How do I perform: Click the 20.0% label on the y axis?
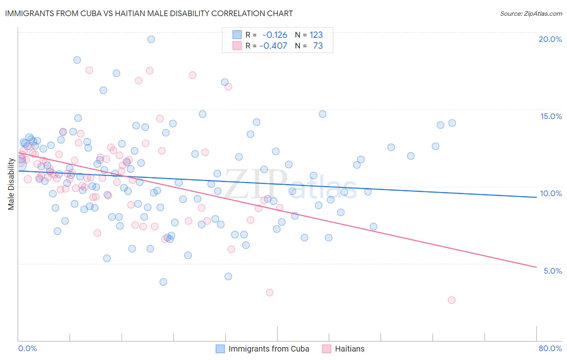pyautogui.click(x=550, y=39)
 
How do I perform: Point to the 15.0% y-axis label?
pyautogui.click(x=551, y=116)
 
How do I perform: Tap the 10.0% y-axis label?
pyautogui.click(x=551, y=193)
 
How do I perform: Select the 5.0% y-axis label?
pyautogui.click(x=552, y=271)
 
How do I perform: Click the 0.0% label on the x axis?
pyautogui.click(x=27, y=348)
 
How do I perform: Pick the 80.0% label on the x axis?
pyautogui.click(x=550, y=348)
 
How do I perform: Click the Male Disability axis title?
pyautogui.click(x=11, y=184)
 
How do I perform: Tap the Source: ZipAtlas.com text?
pyautogui.click(x=531, y=13)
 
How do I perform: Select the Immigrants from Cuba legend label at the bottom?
pyautogui.click(x=269, y=349)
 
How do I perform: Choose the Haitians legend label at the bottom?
pyautogui.click(x=350, y=349)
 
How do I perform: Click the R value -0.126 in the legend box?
pyautogui.click(x=275, y=35)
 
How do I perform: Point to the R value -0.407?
pyautogui.click(x=273, y=46)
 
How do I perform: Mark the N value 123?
pyautogui.click(x=316, y=35)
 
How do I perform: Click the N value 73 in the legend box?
pyautogui.click(x=318, y=46)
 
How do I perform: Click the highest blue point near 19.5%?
pyautogui.click(x=151, y=39)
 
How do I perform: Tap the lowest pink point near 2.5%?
pyautogui.click(x=452, y=300)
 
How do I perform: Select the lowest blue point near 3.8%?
pyautogui.click(x=163, y=282)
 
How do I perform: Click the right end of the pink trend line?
pyautogui.click(x=536, y=267)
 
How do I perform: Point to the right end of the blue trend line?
pyautogui.click(x=536, y=197)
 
